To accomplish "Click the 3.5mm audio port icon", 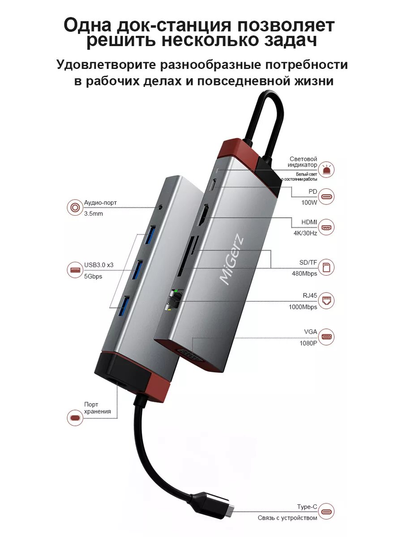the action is click(x=74, y=208).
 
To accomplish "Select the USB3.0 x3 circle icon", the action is click(x=74, y=270).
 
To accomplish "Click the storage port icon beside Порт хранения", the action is click(x=74, y=418).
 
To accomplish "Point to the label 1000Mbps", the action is click(x=303, y=307).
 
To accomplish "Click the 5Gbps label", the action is click(x=93, y=276).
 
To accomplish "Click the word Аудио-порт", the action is click(x=100, y=203).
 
